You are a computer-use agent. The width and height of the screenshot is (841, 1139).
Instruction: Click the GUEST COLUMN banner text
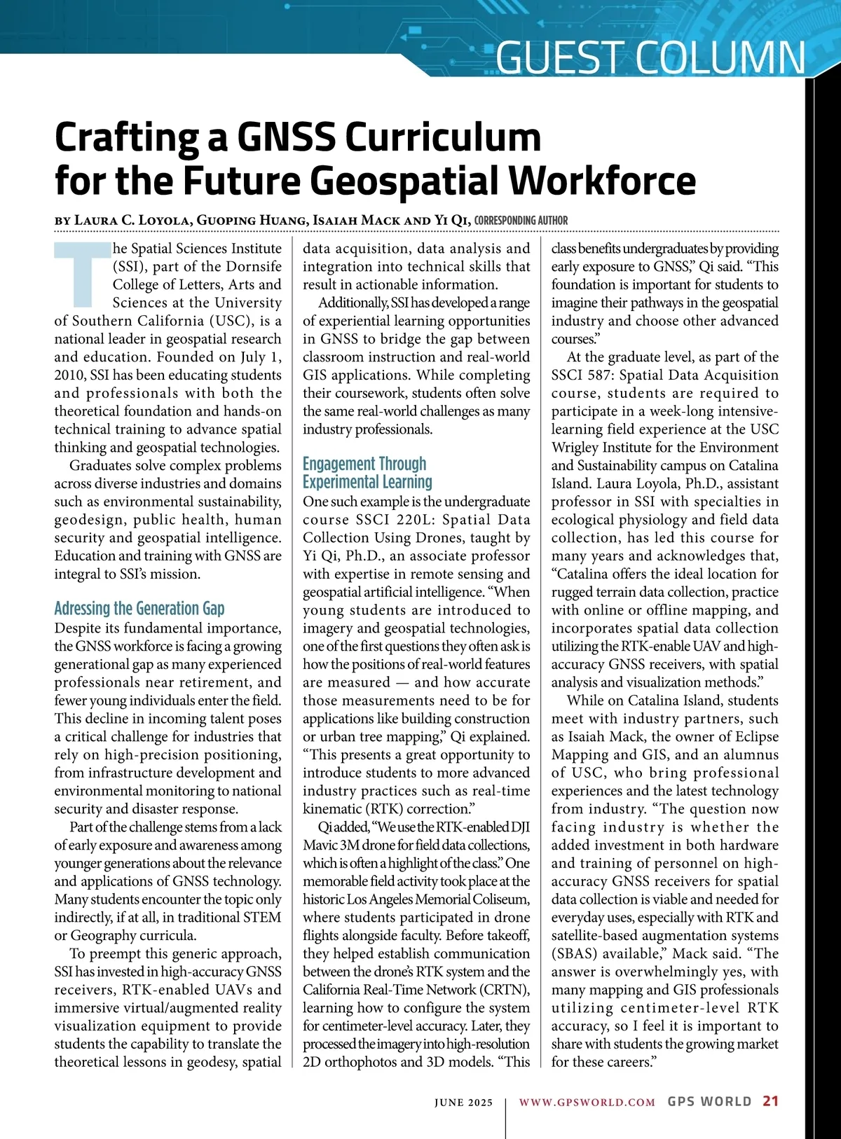(x=650, y=57)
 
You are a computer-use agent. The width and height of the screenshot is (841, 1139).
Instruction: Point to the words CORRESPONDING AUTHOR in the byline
(x=521, y=220)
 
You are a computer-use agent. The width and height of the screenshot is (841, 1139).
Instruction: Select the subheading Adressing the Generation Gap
(x=139, y=608)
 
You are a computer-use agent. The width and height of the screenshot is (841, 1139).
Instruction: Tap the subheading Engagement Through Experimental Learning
(x=367, y=473)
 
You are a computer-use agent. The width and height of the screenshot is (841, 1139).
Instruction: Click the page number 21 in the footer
(x=770, y=1100)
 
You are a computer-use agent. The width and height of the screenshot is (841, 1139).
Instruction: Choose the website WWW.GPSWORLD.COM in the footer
(x=587, y=1102)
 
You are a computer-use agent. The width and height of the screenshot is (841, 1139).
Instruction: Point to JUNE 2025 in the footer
(x=463, y=1102)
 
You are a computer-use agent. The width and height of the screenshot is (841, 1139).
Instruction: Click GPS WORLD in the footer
(x=709, y=1101)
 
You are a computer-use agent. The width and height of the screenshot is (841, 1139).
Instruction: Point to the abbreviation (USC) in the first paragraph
(x=230, y=321)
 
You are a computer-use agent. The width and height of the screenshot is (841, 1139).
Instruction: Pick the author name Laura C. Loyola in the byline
(x=132, y=220)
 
